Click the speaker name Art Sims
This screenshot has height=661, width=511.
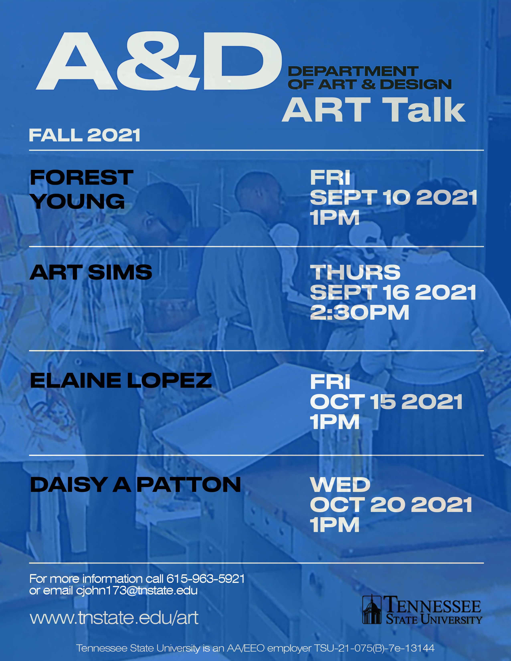(91, 272)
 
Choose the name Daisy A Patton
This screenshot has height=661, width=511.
(135, 485)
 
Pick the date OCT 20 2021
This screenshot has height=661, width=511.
(391, 505)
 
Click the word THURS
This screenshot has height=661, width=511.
(355, 272)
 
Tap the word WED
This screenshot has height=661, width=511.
(340, 485)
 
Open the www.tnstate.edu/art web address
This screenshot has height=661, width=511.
(114, 618)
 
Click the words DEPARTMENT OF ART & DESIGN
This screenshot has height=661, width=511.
(369, 78)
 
